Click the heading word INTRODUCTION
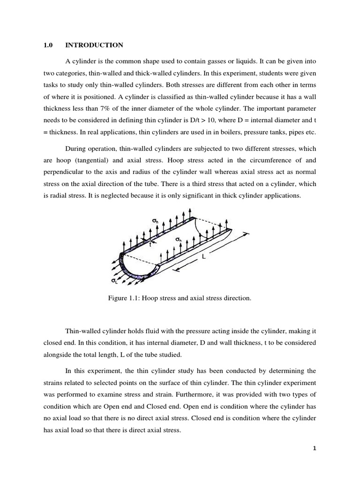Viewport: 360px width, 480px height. pyautogui.click(x=94, y=45)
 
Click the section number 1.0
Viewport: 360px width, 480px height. pyautogui.click(x=48, y=45)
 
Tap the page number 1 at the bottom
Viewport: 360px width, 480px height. pyautogui.click(x=315, y=449)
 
